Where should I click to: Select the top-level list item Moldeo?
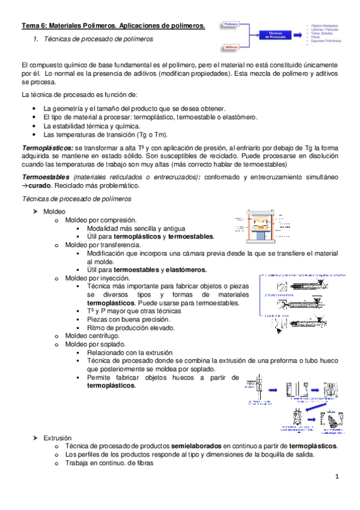55,212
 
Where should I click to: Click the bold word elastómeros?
186,270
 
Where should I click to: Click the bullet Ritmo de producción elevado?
130,328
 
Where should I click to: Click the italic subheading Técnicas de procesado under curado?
76,198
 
